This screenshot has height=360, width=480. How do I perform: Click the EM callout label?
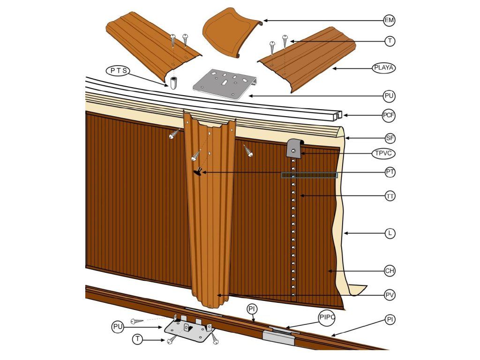pos(390,21)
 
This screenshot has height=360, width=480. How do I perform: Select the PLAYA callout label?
pos(384,67)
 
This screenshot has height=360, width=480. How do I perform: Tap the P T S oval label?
pos(118,71)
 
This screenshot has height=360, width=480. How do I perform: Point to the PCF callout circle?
pos(389,116)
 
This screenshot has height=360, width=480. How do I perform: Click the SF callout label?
pos(390,138)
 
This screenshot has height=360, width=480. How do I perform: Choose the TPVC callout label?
pos(383,153)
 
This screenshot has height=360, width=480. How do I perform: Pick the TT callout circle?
pos(390,196)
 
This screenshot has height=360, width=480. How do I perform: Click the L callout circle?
pos(390,233)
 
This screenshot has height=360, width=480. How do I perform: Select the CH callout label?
pos(390,271)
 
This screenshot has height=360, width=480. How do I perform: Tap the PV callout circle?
pos(390,295)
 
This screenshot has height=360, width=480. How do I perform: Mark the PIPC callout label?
pos(327,317)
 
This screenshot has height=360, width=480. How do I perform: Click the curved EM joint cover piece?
pos(232,32)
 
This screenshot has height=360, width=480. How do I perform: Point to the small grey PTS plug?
pos(174,82)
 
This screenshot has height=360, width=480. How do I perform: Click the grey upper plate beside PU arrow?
pos(225,84)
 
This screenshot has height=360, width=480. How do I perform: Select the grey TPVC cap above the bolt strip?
pos(295,148)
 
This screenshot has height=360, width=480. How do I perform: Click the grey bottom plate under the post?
pos(189,328)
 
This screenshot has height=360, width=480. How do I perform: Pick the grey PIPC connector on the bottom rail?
pos(278,336)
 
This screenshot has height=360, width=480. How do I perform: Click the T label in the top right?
pos(390,41)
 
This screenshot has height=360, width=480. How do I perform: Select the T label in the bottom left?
pos(138,339)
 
